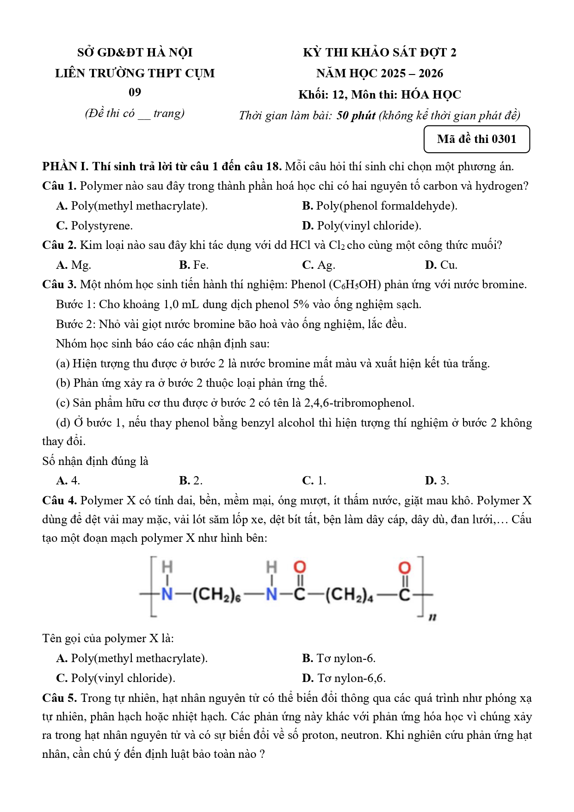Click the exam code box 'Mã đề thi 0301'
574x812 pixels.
coord(476,139)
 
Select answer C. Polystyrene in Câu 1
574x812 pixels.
coord(94,226)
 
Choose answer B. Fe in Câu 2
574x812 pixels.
coord(194,265)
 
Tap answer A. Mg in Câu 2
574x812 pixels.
coord(74,265)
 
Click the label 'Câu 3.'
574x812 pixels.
coord(59,285)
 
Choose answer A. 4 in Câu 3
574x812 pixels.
coord(68,481)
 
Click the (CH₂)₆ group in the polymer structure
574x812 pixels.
coord(216,595)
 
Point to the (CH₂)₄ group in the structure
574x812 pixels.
coord(349,595)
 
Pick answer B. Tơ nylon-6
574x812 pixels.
coord(339,658)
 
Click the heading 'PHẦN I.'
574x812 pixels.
coord(65,167)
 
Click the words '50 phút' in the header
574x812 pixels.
coord(356,116)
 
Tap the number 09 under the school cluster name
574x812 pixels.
coord(135,93)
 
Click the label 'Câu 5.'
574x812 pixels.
coord(59,698)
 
